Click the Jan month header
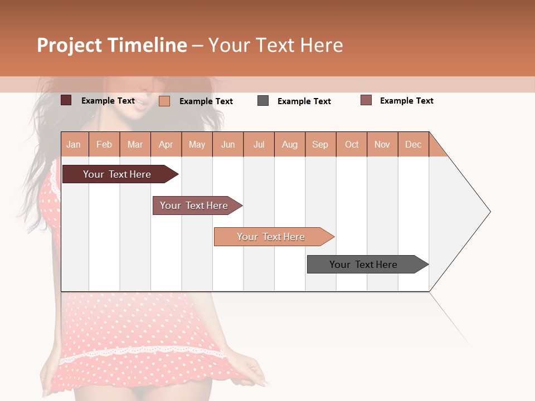click(x=74, y=144)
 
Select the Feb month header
click(x=104, y=144)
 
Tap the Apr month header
click(x=166, y=144)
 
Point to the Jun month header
click(x=228, y=144)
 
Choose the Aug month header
click(x=289, y=144)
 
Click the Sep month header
click(x=320, y=144)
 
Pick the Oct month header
click(x=352, y=144)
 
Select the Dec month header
click(x=413, y=144)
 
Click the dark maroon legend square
click(x=66, y=100)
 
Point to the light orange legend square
click(x=164, y=101)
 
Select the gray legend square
click(x=263, y=101)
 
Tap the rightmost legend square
click(x=366, y=100)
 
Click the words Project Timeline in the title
click(x=112, y=45)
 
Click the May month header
click(x=197, y=144)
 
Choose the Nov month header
click(x=382, y=144)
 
